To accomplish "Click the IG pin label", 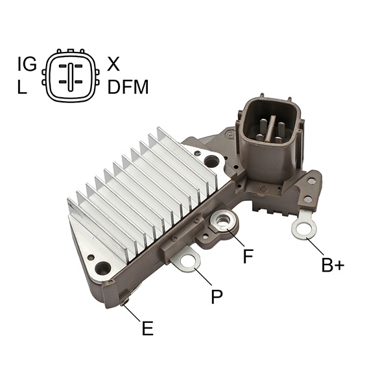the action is click(27, 64).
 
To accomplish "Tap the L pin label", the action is click(22, 87).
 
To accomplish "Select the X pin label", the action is click(113, 64).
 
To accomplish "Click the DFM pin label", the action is click(128, 87).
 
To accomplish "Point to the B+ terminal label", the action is click(333, 265).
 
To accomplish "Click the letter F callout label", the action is click(248, 256).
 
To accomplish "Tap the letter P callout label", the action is click(217, 296).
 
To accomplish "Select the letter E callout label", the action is click(148, 328).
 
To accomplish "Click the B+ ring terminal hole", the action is click(304, 229).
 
